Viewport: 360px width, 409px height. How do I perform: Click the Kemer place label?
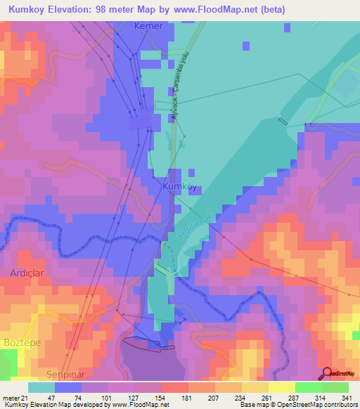point(148,26)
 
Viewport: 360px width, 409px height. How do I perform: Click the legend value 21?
point(25,398)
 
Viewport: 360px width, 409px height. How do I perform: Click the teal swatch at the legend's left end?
point(41,387)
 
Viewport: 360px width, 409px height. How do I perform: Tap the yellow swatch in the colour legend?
point(281,387)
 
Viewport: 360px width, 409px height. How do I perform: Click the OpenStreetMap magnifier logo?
point(327,373)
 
